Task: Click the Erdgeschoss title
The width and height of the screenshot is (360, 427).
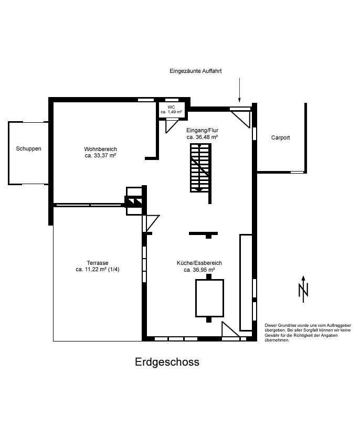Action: pyautogui.click(x=167, y=362)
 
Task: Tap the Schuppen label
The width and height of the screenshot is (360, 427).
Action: pyautogui.click(x=28, y=148)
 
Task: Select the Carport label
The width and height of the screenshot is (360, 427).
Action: pyautogui.click(x=280, y=137)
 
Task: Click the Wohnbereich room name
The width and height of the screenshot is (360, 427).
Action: pyautogui.click(x=100, y=149)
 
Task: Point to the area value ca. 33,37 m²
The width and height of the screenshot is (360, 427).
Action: pyautogui.click(x=100, y=156)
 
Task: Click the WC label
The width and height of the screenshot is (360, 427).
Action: pyautogui.click(x=171, y=106)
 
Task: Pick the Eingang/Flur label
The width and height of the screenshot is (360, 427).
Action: pyautogui.click(x=202, y=130)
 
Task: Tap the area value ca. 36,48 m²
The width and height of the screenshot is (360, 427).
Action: pyautogui.click(x=202, y=137)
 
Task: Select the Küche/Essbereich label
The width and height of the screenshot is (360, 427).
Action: pyautogui.click(x=199, y=263)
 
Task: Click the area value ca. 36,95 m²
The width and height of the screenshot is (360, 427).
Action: pyautogui.click(x=199, y=270)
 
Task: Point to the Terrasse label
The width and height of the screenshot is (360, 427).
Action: pyautogui.click(x=98, y=263)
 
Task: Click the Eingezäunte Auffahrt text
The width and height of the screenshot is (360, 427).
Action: pyautogui.click(x=196, y=71)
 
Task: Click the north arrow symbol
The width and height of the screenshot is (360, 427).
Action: pyautogui.click(x=303, y=289)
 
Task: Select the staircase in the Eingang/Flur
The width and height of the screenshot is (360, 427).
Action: pyautogui.click(x=200, y=168)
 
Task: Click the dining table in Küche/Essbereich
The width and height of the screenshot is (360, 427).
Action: pyautogui.click(x=209, y=298)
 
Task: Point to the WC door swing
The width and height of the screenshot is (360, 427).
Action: pyautogui.click(x=172, y=126)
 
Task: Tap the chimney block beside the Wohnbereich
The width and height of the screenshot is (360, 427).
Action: pyautogui.click(x=134, y=200)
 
